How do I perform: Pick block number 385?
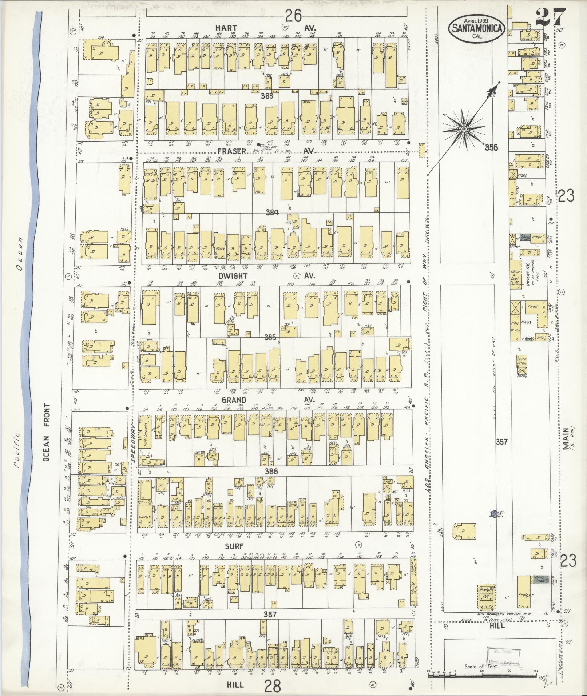click(x=270, y=337)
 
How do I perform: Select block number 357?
click(x=501, y=442)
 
